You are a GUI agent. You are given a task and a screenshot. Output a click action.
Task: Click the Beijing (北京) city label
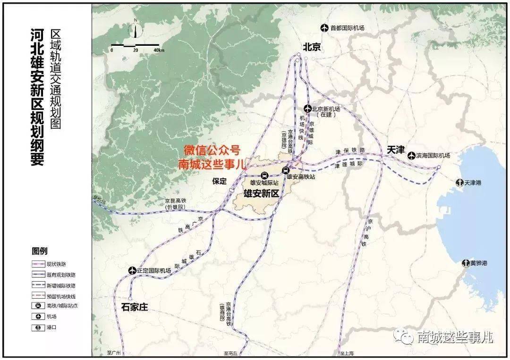tap(312, 47)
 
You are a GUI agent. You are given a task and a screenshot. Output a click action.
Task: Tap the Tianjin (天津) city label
tap(396, 150)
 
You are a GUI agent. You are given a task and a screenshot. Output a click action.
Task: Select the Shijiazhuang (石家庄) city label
tap(135, 307)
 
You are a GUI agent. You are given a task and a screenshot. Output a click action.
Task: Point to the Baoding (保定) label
tap(220, 181)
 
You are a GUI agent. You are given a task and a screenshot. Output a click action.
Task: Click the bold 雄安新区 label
tap(262, 193)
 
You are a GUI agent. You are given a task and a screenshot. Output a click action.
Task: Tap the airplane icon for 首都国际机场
tap(324, 28)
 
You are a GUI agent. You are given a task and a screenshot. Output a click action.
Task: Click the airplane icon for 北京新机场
tap(307, 108)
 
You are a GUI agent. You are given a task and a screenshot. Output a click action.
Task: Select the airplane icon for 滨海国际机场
tap(411, 155)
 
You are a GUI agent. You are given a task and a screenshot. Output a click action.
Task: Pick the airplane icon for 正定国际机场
tap(132, 270)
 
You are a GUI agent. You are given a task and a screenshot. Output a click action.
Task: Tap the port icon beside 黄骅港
tap(466, 263)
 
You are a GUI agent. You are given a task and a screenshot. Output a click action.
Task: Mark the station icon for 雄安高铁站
tap(286, 170)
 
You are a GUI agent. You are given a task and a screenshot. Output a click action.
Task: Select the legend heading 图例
tap(40, 251)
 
